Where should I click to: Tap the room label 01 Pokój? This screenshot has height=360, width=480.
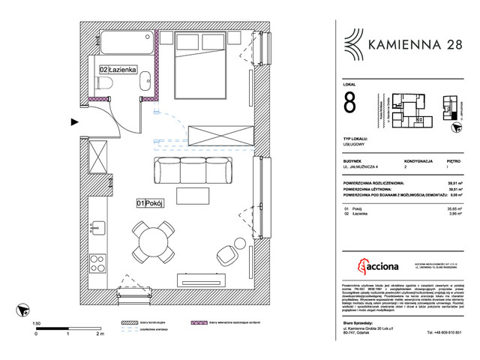(x=151, y=202)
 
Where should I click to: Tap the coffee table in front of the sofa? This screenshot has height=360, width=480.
(x=194, y=199)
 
